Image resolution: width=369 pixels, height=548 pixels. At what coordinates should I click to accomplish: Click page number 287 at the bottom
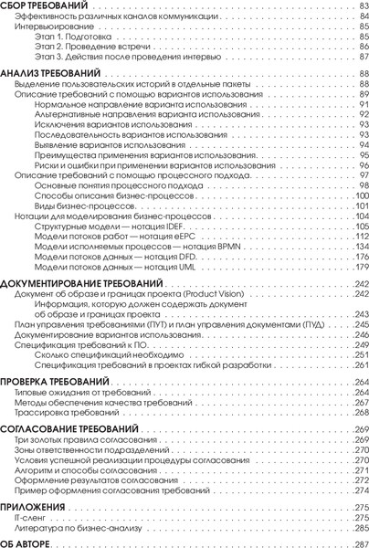click(x=359, y=543)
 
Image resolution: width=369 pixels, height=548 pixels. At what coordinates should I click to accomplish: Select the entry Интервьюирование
click(x=46, y=27)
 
